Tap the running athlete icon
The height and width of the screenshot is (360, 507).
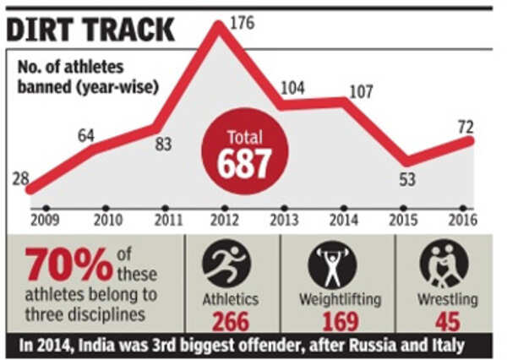click(x=230, y=264)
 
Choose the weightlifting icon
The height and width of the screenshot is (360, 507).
click(x=331, y=264)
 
